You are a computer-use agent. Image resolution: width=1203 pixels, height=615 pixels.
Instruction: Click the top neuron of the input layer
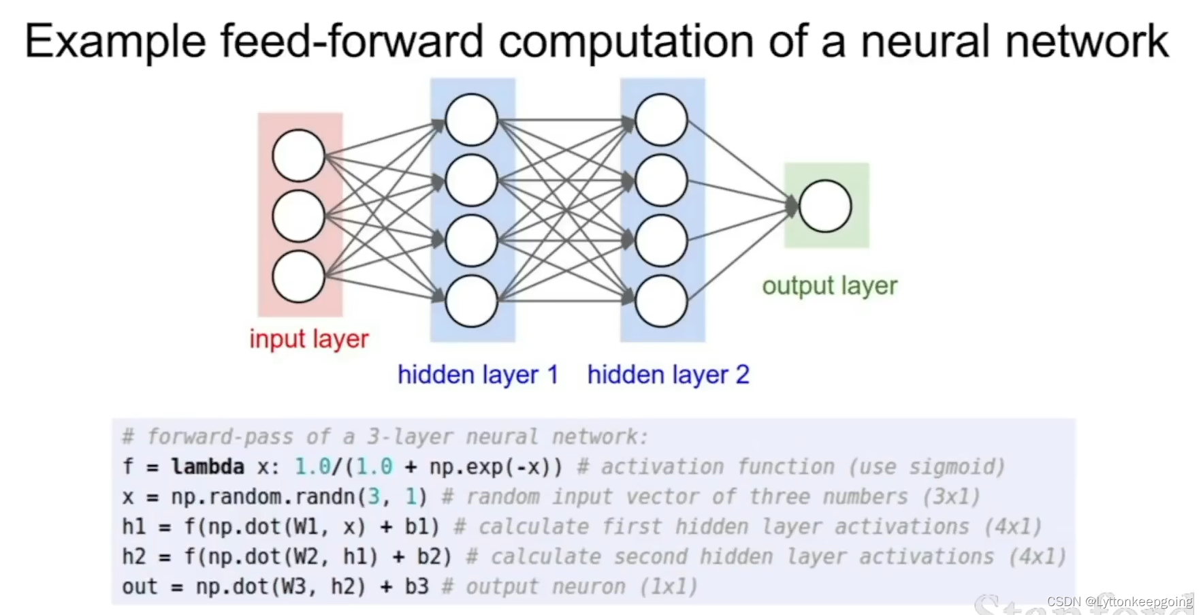(298, 156)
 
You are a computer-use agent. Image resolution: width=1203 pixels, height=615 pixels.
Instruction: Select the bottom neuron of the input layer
(298, 277)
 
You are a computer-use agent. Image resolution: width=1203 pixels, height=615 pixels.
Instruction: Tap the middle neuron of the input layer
(298, 217)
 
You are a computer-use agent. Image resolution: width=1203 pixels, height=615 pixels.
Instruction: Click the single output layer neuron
(825, 206)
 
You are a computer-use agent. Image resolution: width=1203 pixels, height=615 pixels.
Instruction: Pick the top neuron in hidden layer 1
(471, 120)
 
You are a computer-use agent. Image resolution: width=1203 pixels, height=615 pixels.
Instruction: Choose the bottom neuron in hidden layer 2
(660, 300)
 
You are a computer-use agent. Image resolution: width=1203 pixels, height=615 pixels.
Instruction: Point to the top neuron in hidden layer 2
(660, 120)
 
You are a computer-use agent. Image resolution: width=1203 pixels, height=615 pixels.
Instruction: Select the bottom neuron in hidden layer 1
(471, 300)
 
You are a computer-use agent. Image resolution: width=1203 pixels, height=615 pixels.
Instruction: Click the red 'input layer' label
(308, 338)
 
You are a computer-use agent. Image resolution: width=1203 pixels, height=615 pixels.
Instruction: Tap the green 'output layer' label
(829, 285)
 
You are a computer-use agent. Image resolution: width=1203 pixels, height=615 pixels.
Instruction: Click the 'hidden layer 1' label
(477, 375)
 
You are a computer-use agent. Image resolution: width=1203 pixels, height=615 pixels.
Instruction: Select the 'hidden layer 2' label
(668, 375)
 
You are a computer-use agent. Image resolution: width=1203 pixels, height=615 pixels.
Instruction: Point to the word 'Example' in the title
(115, 42)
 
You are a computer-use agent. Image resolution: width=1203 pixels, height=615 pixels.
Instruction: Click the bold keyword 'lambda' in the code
(208, 467)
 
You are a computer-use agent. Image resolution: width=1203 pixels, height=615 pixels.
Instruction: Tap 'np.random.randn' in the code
(262, 496)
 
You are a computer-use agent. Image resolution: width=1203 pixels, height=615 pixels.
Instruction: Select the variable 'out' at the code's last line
(139, 586)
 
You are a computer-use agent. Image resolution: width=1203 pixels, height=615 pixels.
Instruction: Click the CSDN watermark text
(1119, 601)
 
